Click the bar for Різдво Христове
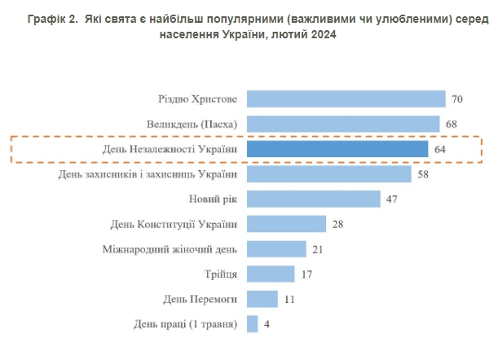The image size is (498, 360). pos(346,99)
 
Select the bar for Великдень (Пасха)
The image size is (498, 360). pos(343,125)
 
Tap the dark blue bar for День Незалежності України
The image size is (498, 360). pos(337,150)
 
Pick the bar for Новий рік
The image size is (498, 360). pos(313,200)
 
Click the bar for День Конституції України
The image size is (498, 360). pos(286,224)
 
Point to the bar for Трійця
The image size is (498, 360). pos(270,274)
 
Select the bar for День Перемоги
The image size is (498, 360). pos(262,299)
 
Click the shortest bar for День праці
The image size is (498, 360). pos(252,324)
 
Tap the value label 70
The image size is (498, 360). pos(457,99)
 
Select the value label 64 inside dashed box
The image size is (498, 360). pos(441,150)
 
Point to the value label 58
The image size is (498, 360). pos(424,174)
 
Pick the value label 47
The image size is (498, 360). pos(392,200)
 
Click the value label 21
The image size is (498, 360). pos(319,249)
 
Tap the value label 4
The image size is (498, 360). pos(267,324)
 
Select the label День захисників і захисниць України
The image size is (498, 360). pos(148,174)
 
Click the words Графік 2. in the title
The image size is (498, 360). pos(51,17)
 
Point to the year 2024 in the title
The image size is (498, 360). pos(320,35)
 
